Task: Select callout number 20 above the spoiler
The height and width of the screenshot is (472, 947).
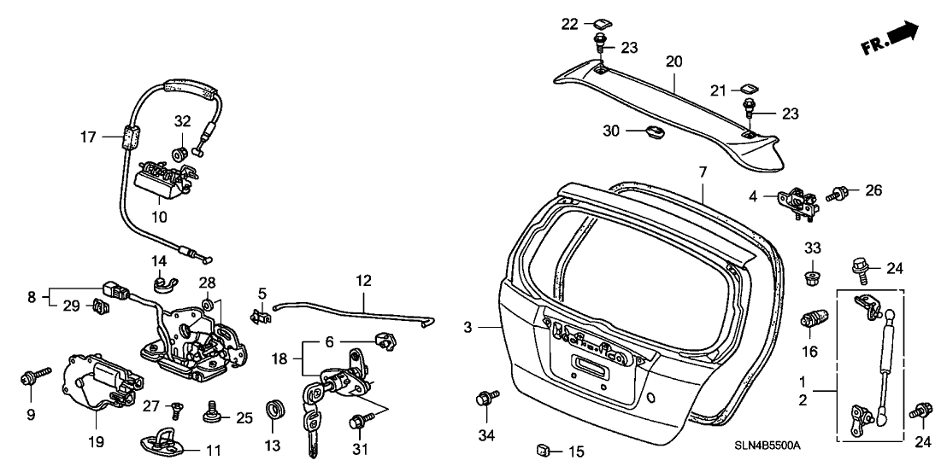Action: point(673,61)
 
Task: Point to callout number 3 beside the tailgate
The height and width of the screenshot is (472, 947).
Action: point(468,327)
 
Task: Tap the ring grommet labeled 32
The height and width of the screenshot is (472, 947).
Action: point(181,154)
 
